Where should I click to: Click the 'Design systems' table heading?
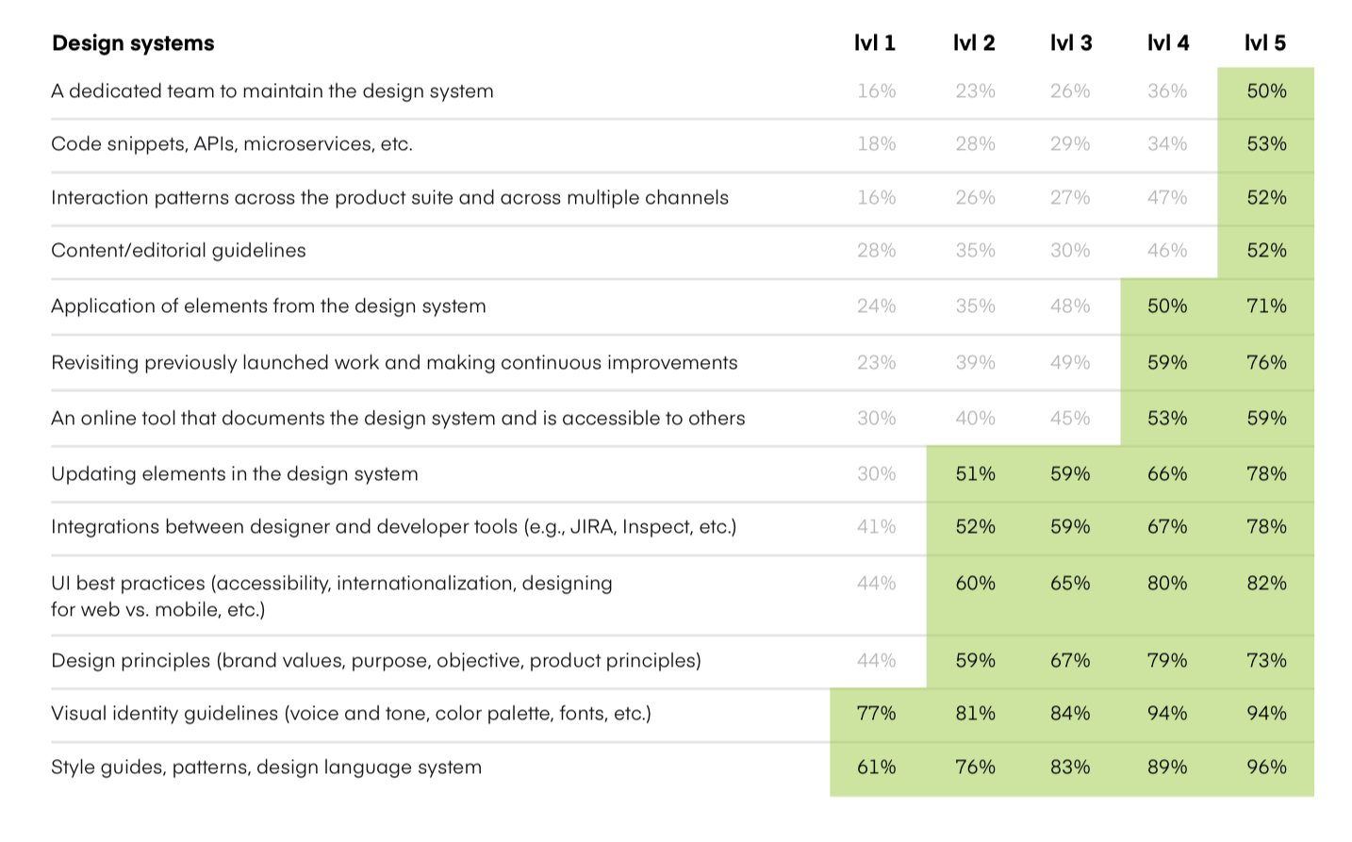tap(133, 43)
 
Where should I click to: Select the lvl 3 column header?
tap(1070, 43)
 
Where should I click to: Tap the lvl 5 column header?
tap(1265, 43)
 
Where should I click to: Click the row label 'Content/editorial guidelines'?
tap(178, 251)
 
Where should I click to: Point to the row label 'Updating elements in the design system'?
tap(234, 474)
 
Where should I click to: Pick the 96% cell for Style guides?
tap(1266, 768)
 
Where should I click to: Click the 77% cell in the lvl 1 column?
tap(876, 714)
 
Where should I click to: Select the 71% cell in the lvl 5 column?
tap(1266, 306)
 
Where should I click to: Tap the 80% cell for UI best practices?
tap(1167, 584)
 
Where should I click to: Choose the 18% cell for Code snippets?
tap(876, 144)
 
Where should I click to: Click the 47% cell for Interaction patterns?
tap(1167, 198)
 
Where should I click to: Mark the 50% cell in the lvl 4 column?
tap(1167, 306)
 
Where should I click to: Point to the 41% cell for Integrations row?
tap(876, 527)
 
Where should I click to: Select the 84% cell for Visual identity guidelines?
tap(1070, 714)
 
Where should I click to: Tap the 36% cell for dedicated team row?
tap(1167, 91)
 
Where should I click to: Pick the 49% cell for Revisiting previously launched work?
tap(1070, 363)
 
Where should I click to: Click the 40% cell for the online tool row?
tap(975, 419)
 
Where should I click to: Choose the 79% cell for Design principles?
tap(1167, 661)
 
